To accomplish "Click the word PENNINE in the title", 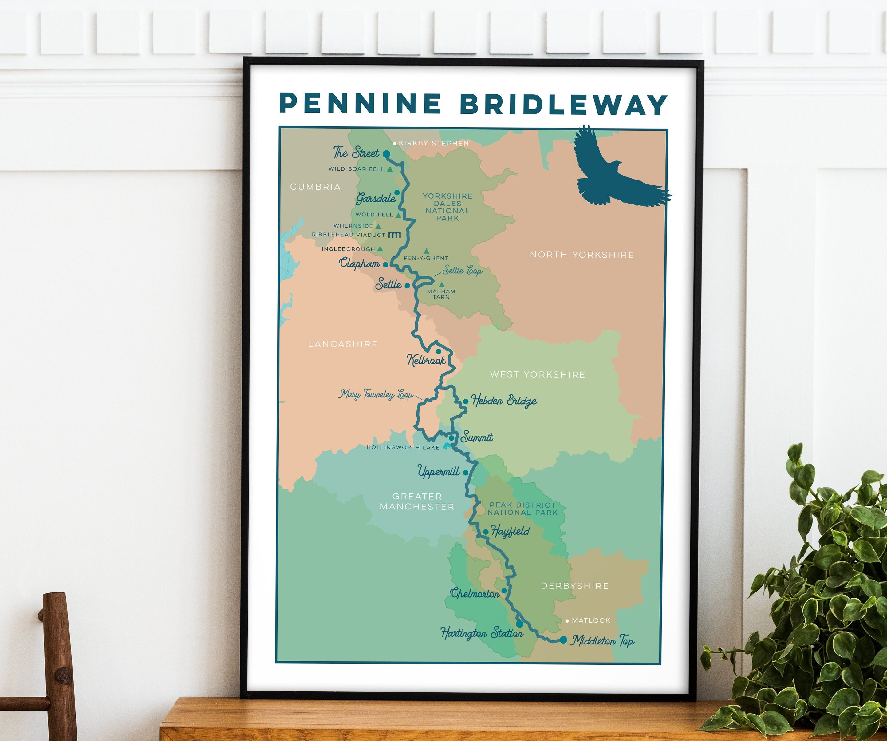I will coord(360,104).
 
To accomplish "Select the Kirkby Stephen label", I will coord(433,143).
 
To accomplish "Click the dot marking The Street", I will coord(386,154).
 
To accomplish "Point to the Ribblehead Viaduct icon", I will coord(395,235).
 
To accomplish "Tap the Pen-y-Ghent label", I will coord(426,258).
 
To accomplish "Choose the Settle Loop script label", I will coord(462,270).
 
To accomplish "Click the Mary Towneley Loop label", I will coord(376,394).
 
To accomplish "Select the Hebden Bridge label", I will coord(504,401).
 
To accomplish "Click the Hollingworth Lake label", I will coord(403,447).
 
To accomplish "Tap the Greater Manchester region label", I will coord(417,501).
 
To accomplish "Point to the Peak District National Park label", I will coord(522,509).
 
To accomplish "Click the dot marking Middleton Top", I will coord(563,640).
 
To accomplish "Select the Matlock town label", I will coord(590,620).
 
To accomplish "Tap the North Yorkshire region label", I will coord(581,255).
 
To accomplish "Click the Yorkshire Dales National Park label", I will coord(447,207).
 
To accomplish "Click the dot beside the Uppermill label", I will coord(465,473).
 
